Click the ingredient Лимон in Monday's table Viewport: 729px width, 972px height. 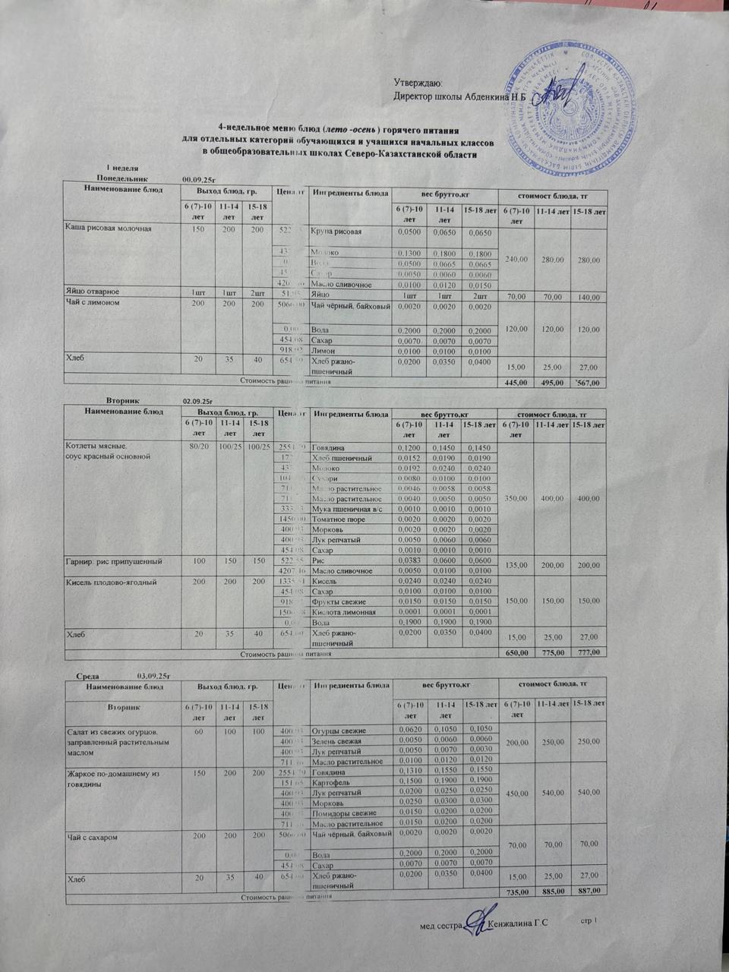tap(324, 351)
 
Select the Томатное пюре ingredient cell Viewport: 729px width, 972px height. tap(339, 519)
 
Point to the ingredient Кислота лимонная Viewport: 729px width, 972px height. tap(344, 612)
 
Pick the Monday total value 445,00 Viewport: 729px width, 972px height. tap(516, 383)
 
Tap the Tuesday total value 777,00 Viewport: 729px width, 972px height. tap(589, 652)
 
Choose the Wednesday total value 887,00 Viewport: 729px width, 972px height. tap(589, 891)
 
